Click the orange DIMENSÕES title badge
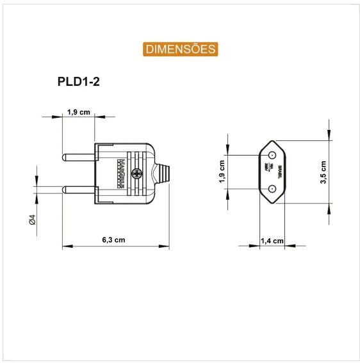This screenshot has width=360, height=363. [x=180, y=49]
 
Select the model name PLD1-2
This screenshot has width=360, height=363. [x=78, y=81]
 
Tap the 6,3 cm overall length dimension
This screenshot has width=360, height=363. [x=113, y=239]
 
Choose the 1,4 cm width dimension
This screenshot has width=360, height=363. [x=272, y=240]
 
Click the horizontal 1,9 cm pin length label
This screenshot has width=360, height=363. [x=79, y=112]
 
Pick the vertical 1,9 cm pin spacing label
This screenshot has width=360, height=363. [x=222, y=172]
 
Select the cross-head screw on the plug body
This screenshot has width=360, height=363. [x=136, y=173]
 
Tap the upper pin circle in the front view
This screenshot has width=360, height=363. [x=272, y=155]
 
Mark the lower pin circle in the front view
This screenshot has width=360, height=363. [x=272, y=189]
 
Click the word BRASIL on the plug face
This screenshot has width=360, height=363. [x=280, y=172]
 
